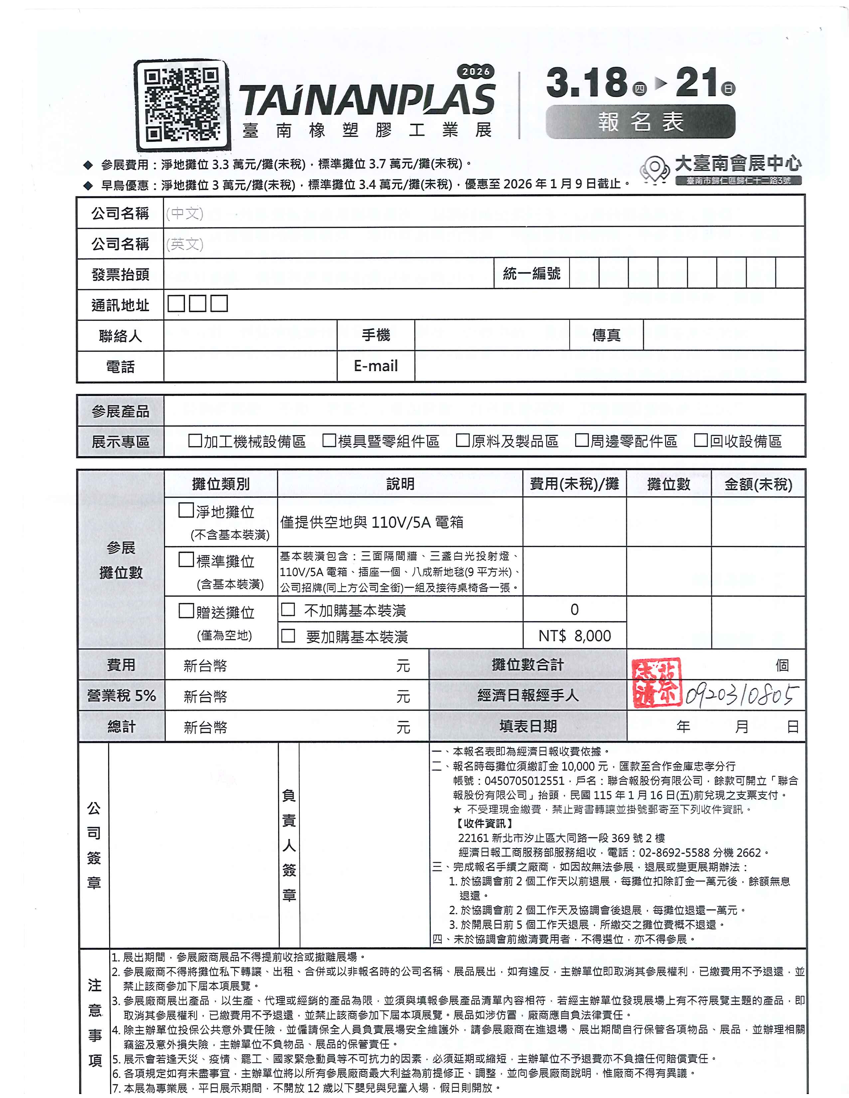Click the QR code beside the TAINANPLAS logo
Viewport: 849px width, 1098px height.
[x=181, y=104]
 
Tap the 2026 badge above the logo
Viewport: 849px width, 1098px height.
[x=475, y=72]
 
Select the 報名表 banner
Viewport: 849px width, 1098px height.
[x=640, y=122]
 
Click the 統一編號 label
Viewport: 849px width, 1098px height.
[x=531, y=274]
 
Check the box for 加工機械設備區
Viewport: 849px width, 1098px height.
[x=195, y=441]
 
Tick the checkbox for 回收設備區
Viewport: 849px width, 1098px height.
[x=701, y=441]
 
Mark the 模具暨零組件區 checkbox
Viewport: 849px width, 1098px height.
[x=329, y=441]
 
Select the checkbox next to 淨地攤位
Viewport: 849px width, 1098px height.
[x=186, y=510]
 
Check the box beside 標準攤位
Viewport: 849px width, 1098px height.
[x=186, y=560]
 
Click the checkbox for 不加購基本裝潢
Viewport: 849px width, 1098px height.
[x=288, y=609]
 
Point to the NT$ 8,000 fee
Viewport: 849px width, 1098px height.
[x=575, y=636]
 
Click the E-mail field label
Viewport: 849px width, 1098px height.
[x=376, y=366]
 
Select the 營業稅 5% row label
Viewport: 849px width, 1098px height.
[x=121, y=696]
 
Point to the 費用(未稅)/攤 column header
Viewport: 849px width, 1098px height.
[x=574, y=484]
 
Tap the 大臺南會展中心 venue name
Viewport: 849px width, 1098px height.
[x=738, y=163]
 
